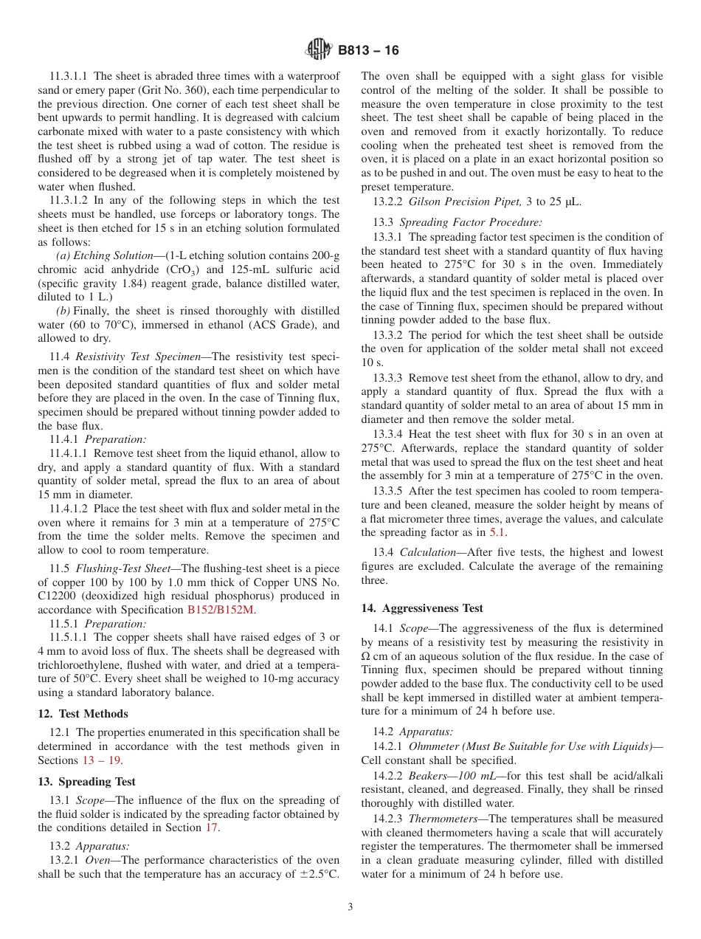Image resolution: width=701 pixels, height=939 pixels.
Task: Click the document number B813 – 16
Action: click(x=368, y=51)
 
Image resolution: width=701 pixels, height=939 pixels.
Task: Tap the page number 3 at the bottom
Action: click(x=350, y=907)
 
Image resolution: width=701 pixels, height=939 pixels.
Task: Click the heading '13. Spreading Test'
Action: click(x=86, y=782)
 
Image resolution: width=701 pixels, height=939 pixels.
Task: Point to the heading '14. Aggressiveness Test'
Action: click(x=422, y=608)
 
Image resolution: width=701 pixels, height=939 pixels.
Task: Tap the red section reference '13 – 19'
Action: click(x=103, y=760)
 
